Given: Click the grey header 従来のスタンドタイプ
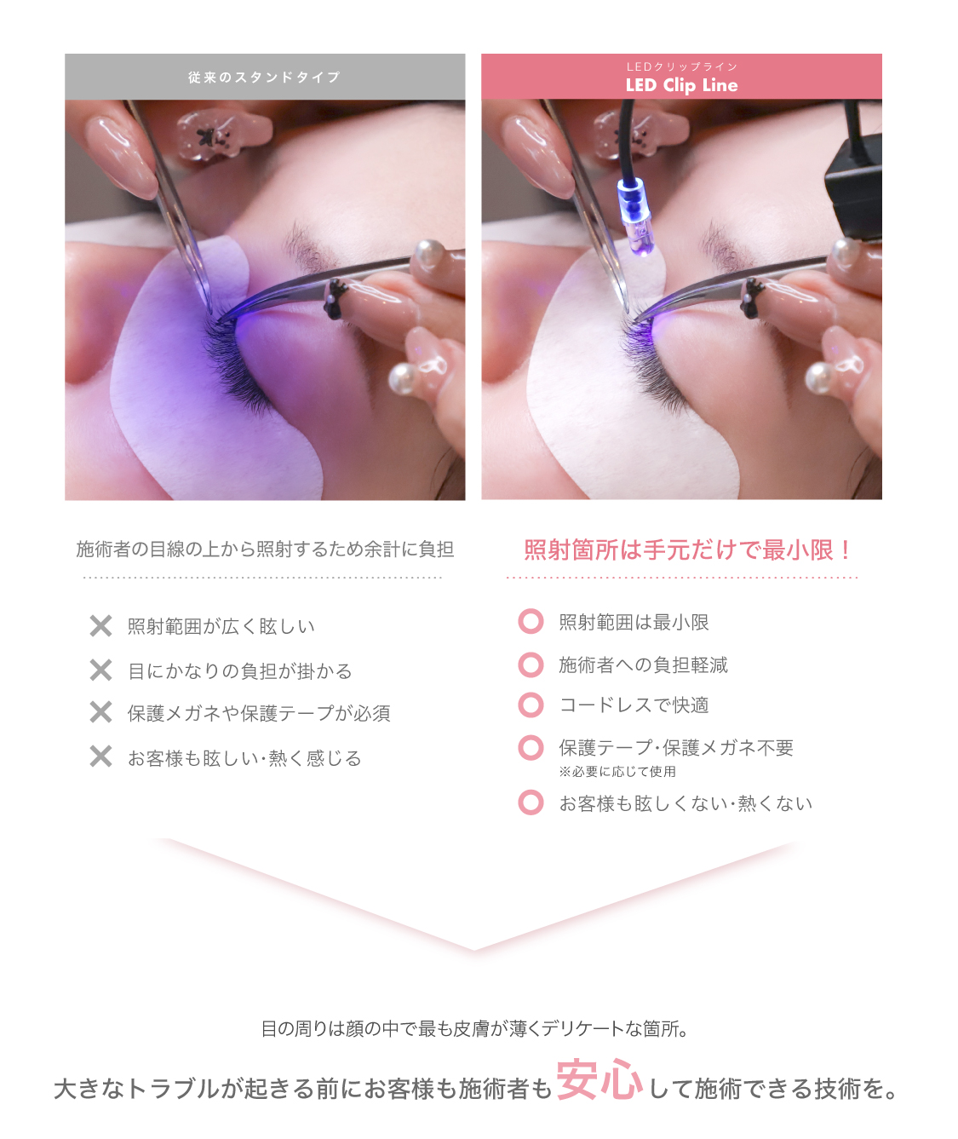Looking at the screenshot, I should coord(264,78).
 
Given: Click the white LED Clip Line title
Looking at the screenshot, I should coord(681,85).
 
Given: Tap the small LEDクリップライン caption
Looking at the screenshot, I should coord(681,66).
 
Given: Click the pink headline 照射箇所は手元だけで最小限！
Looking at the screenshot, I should coord(688,550).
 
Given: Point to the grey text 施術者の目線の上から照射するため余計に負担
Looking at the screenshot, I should coord(265,549).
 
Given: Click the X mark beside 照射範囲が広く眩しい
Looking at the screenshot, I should coord(100,626).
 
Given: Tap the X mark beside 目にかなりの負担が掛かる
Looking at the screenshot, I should coord(100,670).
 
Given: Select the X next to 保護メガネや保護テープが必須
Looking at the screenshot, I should coord(100,712).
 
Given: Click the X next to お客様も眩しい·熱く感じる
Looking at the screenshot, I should coord(100,756).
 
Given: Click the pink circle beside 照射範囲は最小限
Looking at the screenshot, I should coord(531,622).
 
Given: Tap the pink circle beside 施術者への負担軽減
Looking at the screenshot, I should coord(531,664).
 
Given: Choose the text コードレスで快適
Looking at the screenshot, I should coord(634,705).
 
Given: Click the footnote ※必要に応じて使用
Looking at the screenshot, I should coord(617,772).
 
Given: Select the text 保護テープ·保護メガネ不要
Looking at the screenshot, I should coord(676,748).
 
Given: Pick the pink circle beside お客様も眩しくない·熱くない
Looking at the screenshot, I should coord(531,802).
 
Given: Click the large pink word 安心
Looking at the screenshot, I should coord(599,1080).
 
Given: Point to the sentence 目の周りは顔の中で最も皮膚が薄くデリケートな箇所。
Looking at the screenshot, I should coord(475,1029).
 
